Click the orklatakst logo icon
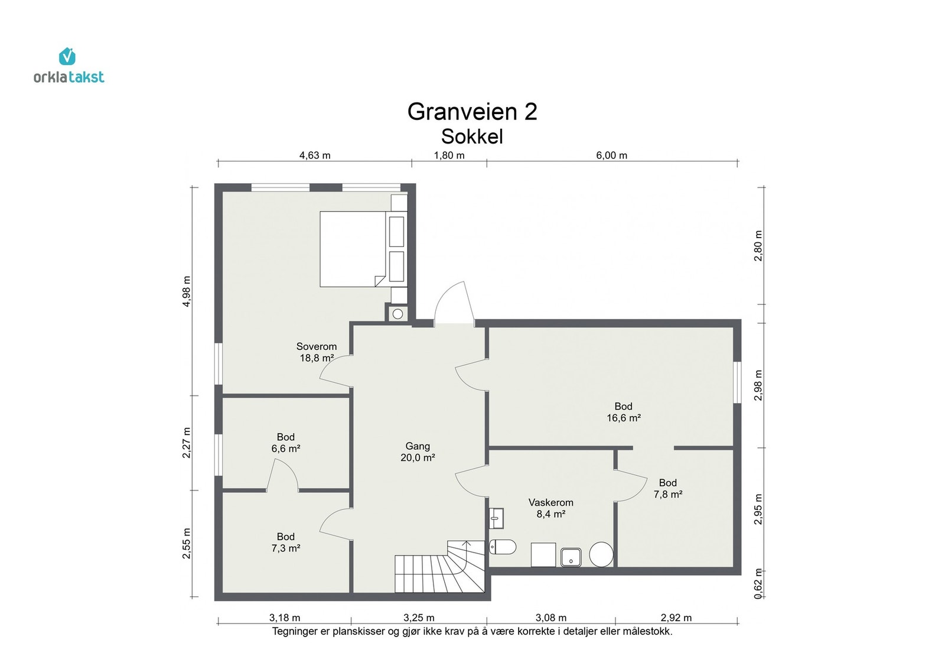click(67, 57)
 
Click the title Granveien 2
click(472, 112)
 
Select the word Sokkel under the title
click(472, 137)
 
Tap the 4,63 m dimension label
click(315, 155)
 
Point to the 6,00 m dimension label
click(611, 155)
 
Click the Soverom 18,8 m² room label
click(317, 352)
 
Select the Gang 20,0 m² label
click(418, 452)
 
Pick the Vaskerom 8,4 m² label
click(550, 508)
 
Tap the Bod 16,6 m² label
click(623, 412)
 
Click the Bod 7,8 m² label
click(667, 489)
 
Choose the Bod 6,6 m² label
click(286, 443)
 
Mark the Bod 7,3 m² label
click(286, 543)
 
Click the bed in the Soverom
click(353, 249)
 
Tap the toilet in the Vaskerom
click(503, 547)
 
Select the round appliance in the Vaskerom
click(601, 554)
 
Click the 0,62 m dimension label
click(758, 584)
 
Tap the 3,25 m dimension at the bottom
click(419, 618)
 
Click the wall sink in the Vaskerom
click(496, 518)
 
